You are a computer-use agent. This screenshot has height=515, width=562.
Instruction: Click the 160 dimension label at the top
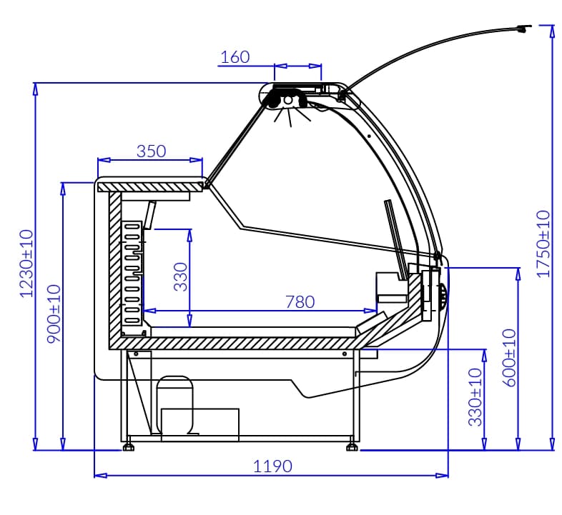click(x=235, y=57)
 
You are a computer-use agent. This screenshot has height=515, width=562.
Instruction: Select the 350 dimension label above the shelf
click(x=151, y=151)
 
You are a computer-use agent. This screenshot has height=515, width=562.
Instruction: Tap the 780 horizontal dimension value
click(x=300, y=301)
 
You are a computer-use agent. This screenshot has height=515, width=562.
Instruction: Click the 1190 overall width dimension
click(x=272, y=466)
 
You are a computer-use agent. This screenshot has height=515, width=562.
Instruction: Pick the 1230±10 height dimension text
click(x=26, y=264)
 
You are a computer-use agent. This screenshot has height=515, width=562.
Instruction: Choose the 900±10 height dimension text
click(x=54, y=314)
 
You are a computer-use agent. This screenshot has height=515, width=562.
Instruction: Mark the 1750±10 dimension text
click(x=543, y=244)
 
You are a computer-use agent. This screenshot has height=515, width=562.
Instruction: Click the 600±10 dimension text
click(x=510, y=357)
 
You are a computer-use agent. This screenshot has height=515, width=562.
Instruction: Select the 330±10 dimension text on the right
click(x=475, y=397)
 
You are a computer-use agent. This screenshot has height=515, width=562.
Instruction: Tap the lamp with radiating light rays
click(x=288, y=101)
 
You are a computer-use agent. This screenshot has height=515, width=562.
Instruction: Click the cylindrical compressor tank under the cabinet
click(x=174, y=404)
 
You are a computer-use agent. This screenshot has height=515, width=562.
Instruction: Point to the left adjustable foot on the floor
click(x=129, y=447)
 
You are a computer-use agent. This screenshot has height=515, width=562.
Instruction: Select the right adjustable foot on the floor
click(x=353, y=447)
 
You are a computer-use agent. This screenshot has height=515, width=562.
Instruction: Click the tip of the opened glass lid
click(x=526, y=28)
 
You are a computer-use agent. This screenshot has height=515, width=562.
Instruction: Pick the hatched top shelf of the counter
click(x=150, y=186)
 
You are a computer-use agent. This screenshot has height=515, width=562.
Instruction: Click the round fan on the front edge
click(x=443, y=295)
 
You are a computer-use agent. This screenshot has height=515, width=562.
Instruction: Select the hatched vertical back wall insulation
click(x=114, y=268)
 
